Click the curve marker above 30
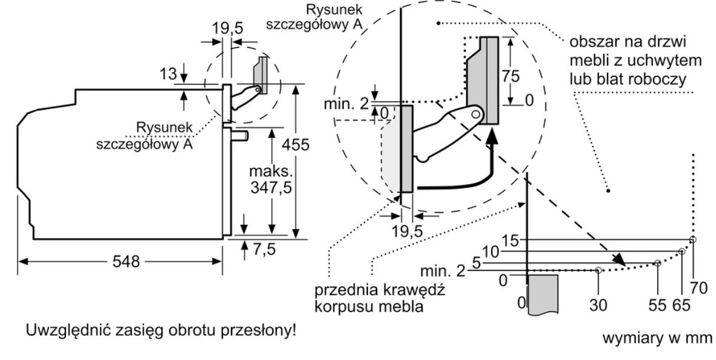click(x=598, y=270)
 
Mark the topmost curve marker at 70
click(x=694, y=239)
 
